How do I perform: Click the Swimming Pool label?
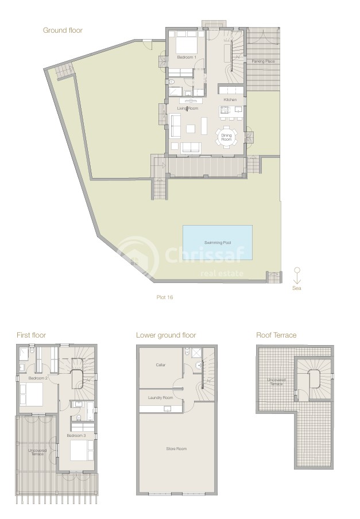218,243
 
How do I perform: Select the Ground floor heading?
63,30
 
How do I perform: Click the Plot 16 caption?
165,297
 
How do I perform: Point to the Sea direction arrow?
297,276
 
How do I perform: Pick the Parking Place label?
263,61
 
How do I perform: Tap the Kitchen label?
230,100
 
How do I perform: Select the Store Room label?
176,449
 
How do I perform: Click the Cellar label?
160,365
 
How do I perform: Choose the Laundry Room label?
160,397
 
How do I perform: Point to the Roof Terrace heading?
276,335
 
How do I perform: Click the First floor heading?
31,335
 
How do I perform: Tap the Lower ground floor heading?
166,335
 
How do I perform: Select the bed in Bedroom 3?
82,450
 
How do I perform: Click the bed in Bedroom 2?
32,394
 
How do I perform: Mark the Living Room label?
188,109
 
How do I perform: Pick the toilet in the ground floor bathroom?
171,82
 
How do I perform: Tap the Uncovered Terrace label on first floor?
37,452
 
